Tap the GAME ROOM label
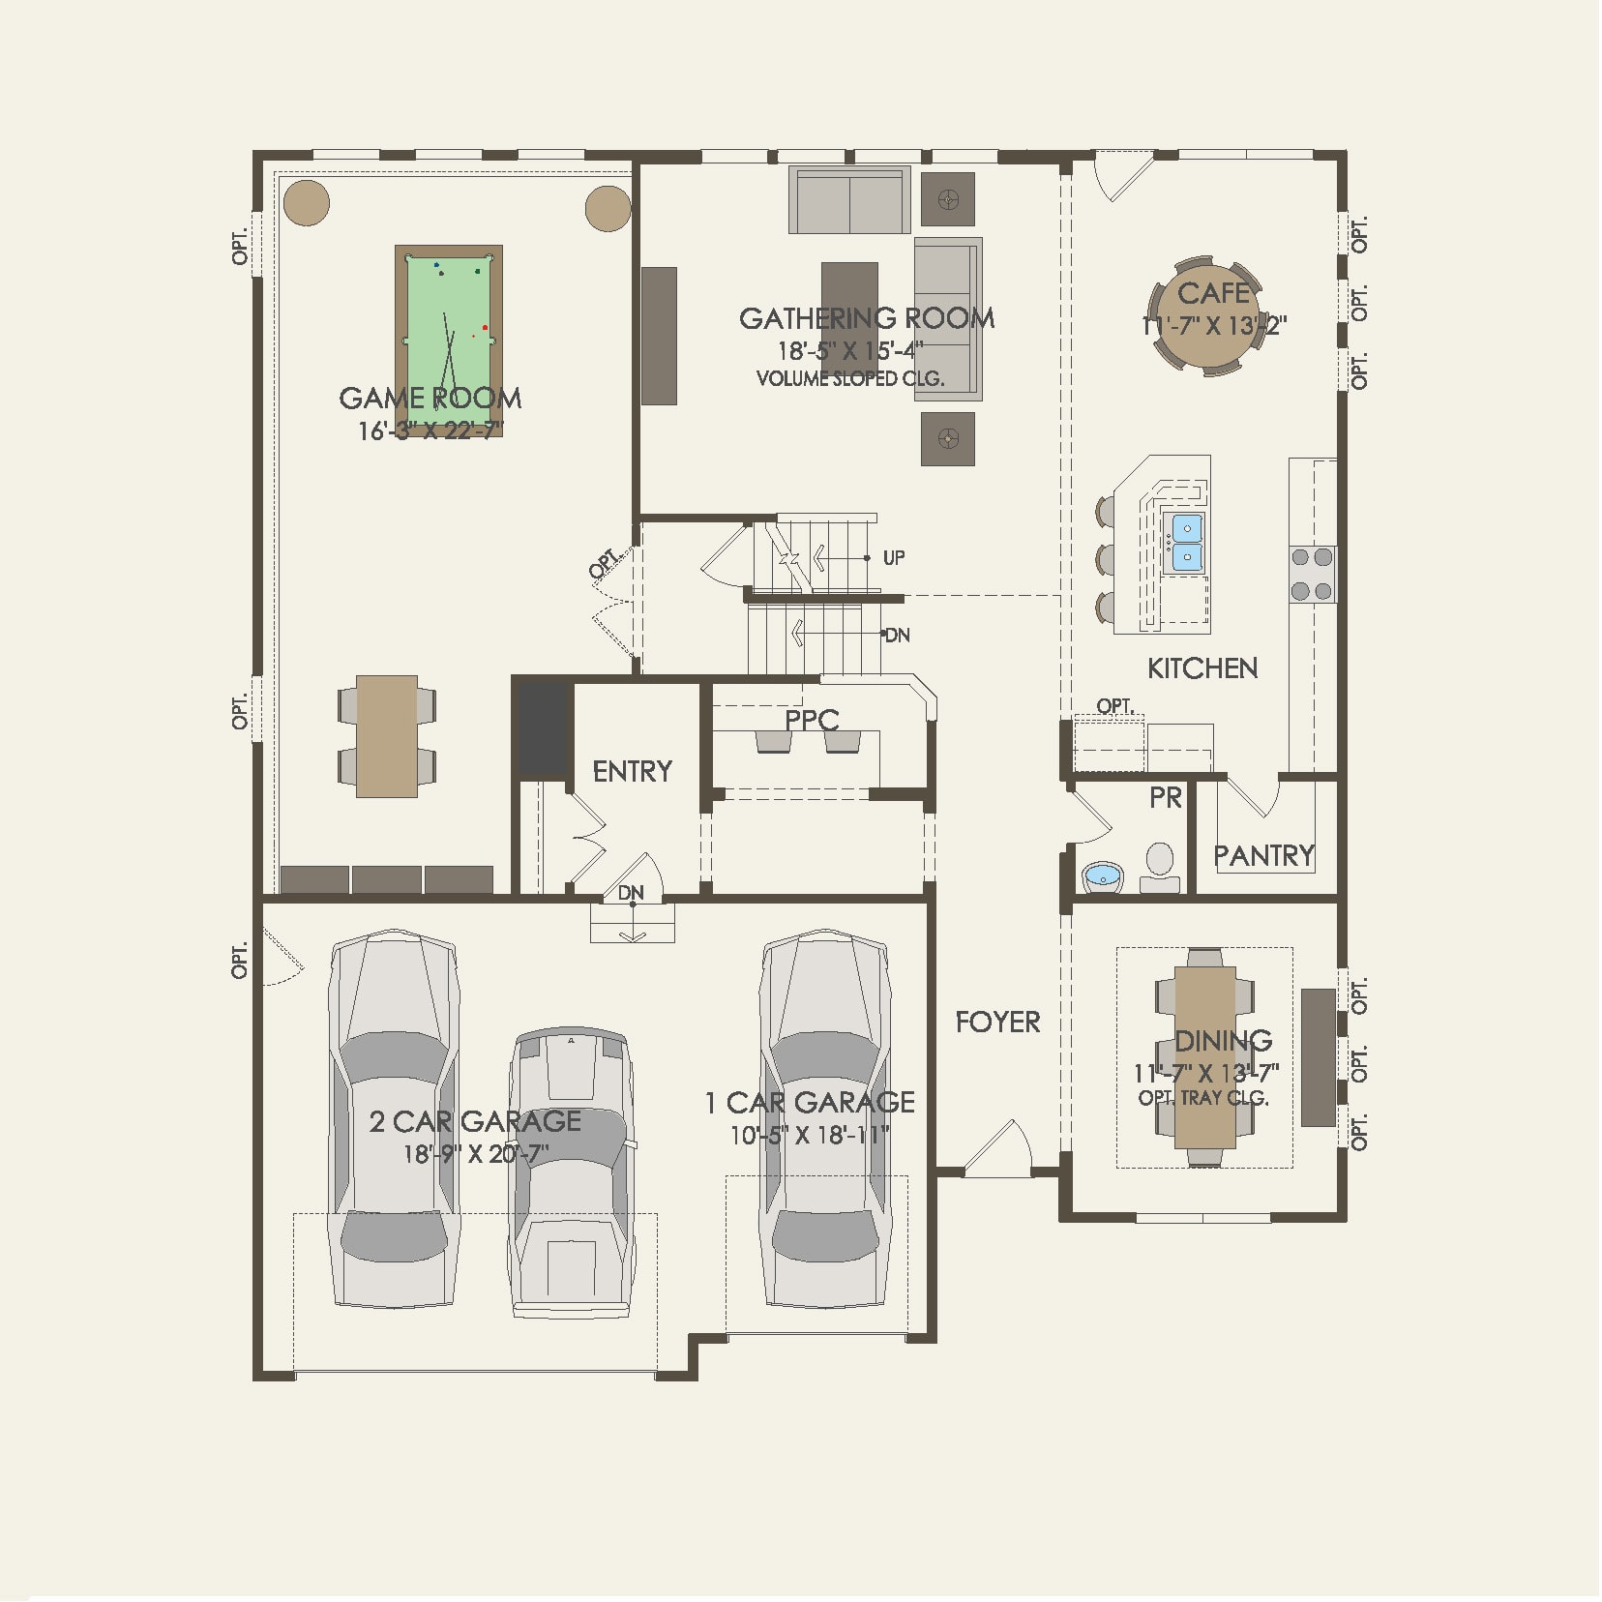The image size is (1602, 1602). pos(430,398)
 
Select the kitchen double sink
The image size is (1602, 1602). pos(1187,543)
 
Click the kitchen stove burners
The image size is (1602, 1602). pos(1312,574)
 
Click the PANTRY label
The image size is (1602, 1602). pos(1263,855)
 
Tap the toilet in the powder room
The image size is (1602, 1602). pos(1159,864)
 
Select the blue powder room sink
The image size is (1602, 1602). pos(1102,877)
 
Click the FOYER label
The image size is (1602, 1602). pos(997,1022)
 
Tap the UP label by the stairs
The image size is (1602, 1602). pos(894,558)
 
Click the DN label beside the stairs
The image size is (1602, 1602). pos(897,636)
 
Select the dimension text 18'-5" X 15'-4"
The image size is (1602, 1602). pos(851,350)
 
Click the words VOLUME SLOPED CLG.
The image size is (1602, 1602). pos(849,378)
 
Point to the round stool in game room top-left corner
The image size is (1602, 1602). pos(307,203)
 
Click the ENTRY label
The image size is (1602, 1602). pos(632,771)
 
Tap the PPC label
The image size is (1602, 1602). pos(812,720)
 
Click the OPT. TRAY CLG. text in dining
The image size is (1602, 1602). pos(1203,1098)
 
